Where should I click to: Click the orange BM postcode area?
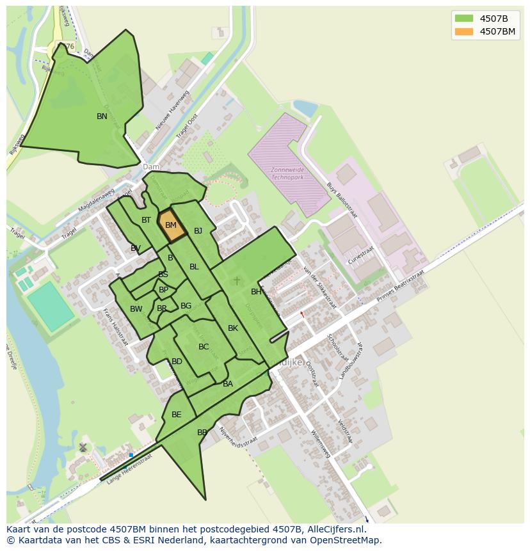pos(171,225)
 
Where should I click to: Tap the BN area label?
pos(102,116)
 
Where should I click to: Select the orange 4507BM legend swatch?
pos(464,31)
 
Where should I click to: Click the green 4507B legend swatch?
pos(464,18)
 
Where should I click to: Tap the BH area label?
pos(256,292)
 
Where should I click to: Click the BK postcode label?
pos(233,328)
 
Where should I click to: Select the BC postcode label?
pos(204,347)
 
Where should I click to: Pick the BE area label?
pos(176,415)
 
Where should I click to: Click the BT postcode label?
pos(146,220)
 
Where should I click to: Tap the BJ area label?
pos(198,231)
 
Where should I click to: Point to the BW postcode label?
pos(136,309)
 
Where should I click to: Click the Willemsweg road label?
pos(320,443)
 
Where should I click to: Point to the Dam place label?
pos(151,167)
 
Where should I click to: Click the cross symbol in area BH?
pos(236,280)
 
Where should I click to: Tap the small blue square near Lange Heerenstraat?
pos(131,455)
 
